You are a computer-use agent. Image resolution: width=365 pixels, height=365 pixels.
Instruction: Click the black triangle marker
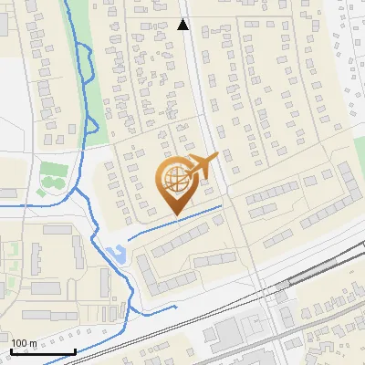pyautogui.click(x=182, y=26)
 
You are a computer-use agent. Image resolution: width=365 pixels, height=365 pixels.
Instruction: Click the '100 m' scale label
pyautogui.click(x=24, y=343)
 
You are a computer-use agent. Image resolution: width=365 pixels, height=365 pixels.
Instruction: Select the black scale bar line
pyautogui.click(x=42, y=351)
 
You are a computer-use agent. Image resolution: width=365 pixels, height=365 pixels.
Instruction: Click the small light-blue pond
pyautogui.click(x=115, y=253)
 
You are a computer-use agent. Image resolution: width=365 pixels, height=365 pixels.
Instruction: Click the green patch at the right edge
pyautogui.click(x=360, y=151)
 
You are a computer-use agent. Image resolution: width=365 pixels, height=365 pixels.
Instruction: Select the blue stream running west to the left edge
pyautogui.click(x=27, y=206)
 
